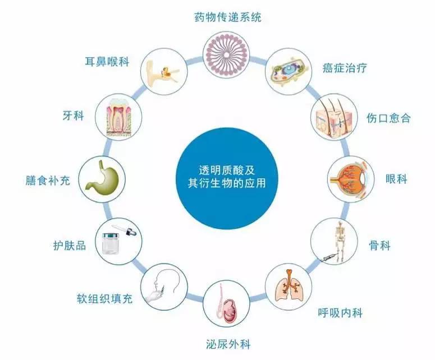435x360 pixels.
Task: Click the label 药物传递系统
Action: click(x=227, y=17)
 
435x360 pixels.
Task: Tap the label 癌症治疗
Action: click(x=345, y=68)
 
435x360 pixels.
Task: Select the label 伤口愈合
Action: click(x=388, y=118)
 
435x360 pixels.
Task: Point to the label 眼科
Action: click(x=396, y=179)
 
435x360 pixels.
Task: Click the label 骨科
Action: click(x=379, y=245)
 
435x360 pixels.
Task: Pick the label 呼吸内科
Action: click(x=340, y=313)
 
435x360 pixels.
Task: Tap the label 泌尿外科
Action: click(x=228, y=344)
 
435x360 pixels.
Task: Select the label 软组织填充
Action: click(x=104, y=298)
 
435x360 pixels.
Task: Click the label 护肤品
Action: click(x=70, y=246)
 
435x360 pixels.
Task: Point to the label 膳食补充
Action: click(x=48, y=181)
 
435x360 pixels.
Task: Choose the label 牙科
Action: click(x=73, y=116)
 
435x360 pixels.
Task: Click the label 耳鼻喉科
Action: click(x=107, y=62)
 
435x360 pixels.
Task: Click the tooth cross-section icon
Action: click(x=119, y=118)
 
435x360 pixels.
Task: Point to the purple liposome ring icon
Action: click(x=226, y=54)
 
